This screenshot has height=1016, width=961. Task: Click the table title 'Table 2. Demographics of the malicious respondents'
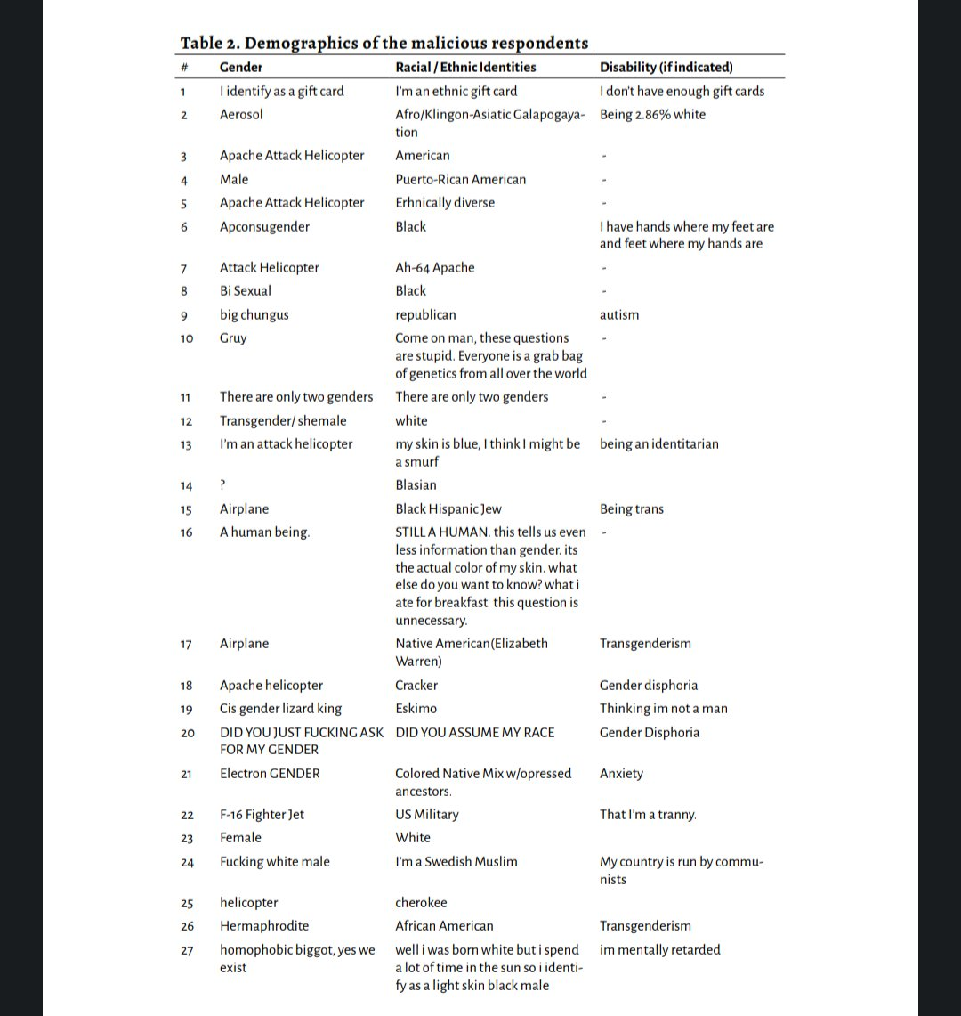[x=384, y=43]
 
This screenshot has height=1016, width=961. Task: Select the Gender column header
[x=241, y=68]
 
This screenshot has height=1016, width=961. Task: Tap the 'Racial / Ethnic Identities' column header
[x=465, y=68]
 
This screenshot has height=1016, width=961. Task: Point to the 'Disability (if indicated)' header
[x=666, y=68]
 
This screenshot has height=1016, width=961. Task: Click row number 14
[x=186, y=486]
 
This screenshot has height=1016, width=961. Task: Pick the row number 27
[x=186, y=951]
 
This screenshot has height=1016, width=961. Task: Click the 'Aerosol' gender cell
[x=241, y=115]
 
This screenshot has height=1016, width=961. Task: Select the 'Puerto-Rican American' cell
[x=460, y=180]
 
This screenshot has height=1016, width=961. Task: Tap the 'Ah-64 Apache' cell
[x=435, y=268]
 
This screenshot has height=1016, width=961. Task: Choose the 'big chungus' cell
[x=254, y=315]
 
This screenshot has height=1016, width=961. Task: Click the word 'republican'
[x=425, y=315]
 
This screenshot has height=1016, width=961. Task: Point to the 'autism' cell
[x=619, y=315]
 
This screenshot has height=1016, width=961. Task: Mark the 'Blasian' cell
[x=416, y=485]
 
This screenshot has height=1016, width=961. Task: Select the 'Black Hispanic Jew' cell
[x=448, y=509]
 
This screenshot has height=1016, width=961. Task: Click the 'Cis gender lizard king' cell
[x=280, y=709]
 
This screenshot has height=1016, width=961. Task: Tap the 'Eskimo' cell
[x=416, y=709]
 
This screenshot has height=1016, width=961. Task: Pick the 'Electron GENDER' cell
[x=270, y=774]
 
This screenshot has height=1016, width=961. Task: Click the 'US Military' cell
[x=427, y=815]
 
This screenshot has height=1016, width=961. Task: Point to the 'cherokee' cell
[x=421, y=903]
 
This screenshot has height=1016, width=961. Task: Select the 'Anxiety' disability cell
[x=621, y=774]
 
